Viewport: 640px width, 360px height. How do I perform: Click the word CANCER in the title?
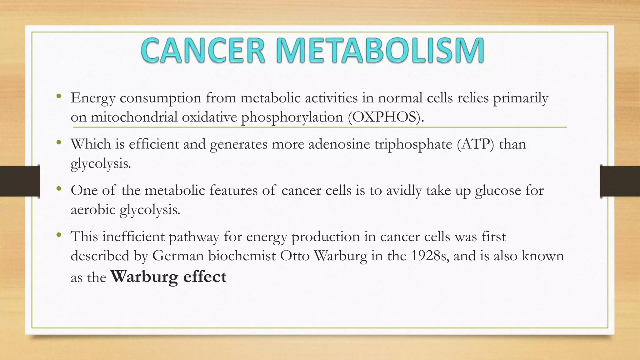click(x=203, y=51)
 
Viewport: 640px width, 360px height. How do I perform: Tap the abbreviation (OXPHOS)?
click(x=386, y=117)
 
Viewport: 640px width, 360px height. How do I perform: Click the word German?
click(x=178, y=256)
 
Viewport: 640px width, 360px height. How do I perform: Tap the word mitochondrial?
click(x=134, y=117)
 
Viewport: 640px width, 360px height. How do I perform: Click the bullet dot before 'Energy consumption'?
click(x=59, y=97)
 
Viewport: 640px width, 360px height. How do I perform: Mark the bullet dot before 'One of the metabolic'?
click(x=59, y=189)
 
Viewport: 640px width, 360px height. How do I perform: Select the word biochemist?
click(x=242, y=256)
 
